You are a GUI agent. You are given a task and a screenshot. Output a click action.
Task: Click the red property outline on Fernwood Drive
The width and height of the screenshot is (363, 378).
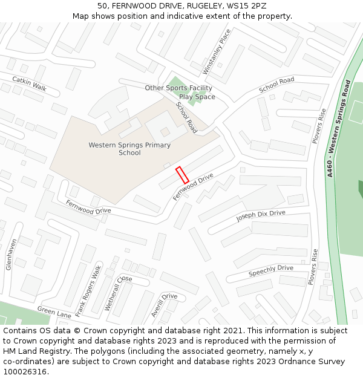pyautogui.click(x=182, y=175)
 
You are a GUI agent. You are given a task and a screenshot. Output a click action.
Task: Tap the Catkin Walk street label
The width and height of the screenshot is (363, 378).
pyautogui.click(x=29, y=83)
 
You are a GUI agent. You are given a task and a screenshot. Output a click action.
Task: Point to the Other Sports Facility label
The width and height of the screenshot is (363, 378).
pyautogui.click(x=178, y=88)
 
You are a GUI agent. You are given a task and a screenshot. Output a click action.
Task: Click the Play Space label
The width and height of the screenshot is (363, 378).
pyautogui.click(x=197, y=97)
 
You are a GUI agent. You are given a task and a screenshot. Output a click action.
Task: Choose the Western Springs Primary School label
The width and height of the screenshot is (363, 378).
pyautogui.click(x=129, y=149)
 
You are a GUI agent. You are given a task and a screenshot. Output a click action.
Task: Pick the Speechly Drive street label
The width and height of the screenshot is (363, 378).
pyautogui.click(x=270, y=271)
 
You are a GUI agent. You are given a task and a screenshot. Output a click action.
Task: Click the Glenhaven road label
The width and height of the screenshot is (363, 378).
pyautogui.click(x=11, y=254)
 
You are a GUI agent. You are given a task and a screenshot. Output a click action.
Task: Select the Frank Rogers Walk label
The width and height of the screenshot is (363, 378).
pyautogui.click(x=88, y=291)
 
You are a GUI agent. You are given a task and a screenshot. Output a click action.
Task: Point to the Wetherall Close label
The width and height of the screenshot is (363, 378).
pyautogui.click(x=118, y=293)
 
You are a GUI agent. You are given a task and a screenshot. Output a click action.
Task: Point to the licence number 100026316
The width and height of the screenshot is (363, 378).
pyautogui.click(x=25, y=372)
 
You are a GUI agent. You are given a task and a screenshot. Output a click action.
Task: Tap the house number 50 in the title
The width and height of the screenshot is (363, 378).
pyautogui.click(x=102, y=6)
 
